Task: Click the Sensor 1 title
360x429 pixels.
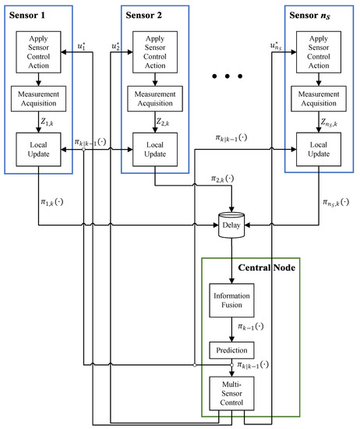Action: click(28, 15)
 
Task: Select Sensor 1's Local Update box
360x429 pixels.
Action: click(38, 147)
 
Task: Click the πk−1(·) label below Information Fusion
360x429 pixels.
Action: click(249, 328)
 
